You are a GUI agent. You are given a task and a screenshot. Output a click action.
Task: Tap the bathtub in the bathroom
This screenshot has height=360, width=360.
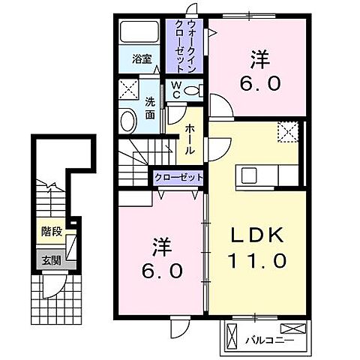139,32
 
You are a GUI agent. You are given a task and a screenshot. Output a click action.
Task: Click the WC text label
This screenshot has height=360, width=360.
174,90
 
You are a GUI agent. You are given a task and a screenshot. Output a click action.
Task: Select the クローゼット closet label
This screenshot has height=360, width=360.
178,178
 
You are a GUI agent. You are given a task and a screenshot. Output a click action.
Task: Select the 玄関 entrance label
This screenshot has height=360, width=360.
51,260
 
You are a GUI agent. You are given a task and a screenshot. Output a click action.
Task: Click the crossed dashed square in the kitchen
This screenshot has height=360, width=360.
287,132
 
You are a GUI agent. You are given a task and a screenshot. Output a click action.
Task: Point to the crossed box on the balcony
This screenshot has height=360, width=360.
296,328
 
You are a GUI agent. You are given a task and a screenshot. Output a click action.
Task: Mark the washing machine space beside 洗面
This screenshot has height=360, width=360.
127,91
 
